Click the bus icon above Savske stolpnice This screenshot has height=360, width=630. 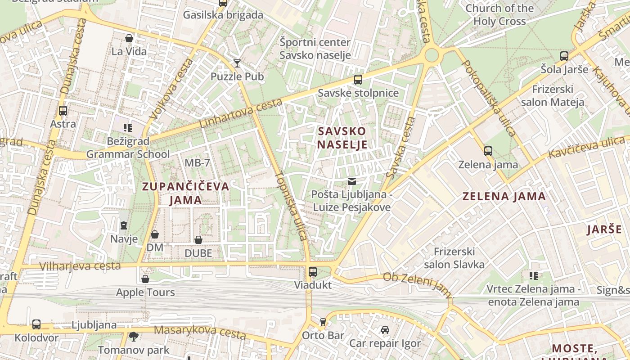tap(358, 80)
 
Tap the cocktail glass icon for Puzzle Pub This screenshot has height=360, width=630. tap(237, 63)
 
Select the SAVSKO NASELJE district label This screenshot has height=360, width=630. tap(342, 138)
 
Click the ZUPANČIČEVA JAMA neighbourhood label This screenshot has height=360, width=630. tap(185, 193)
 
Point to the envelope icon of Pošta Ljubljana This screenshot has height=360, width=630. tap(351, 181)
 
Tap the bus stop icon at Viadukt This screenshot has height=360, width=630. tap(313, 271)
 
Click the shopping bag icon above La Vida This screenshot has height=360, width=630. tap(129, 38)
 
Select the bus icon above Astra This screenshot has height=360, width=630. tap(63, 110)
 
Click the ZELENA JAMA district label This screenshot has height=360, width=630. tap(504, 196)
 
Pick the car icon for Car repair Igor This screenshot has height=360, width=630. tap(385, 330)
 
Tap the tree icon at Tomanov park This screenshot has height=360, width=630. tap(134, 336)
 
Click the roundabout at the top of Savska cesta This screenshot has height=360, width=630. tap(431, 55)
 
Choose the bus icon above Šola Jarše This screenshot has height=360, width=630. tap(564, 56)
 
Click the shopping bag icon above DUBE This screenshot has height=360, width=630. tap(198, 240)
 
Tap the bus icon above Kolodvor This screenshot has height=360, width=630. tap(36, 324)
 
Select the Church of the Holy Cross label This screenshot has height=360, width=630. tap(499, 14)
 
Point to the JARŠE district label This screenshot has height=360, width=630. tap(604, 229)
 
